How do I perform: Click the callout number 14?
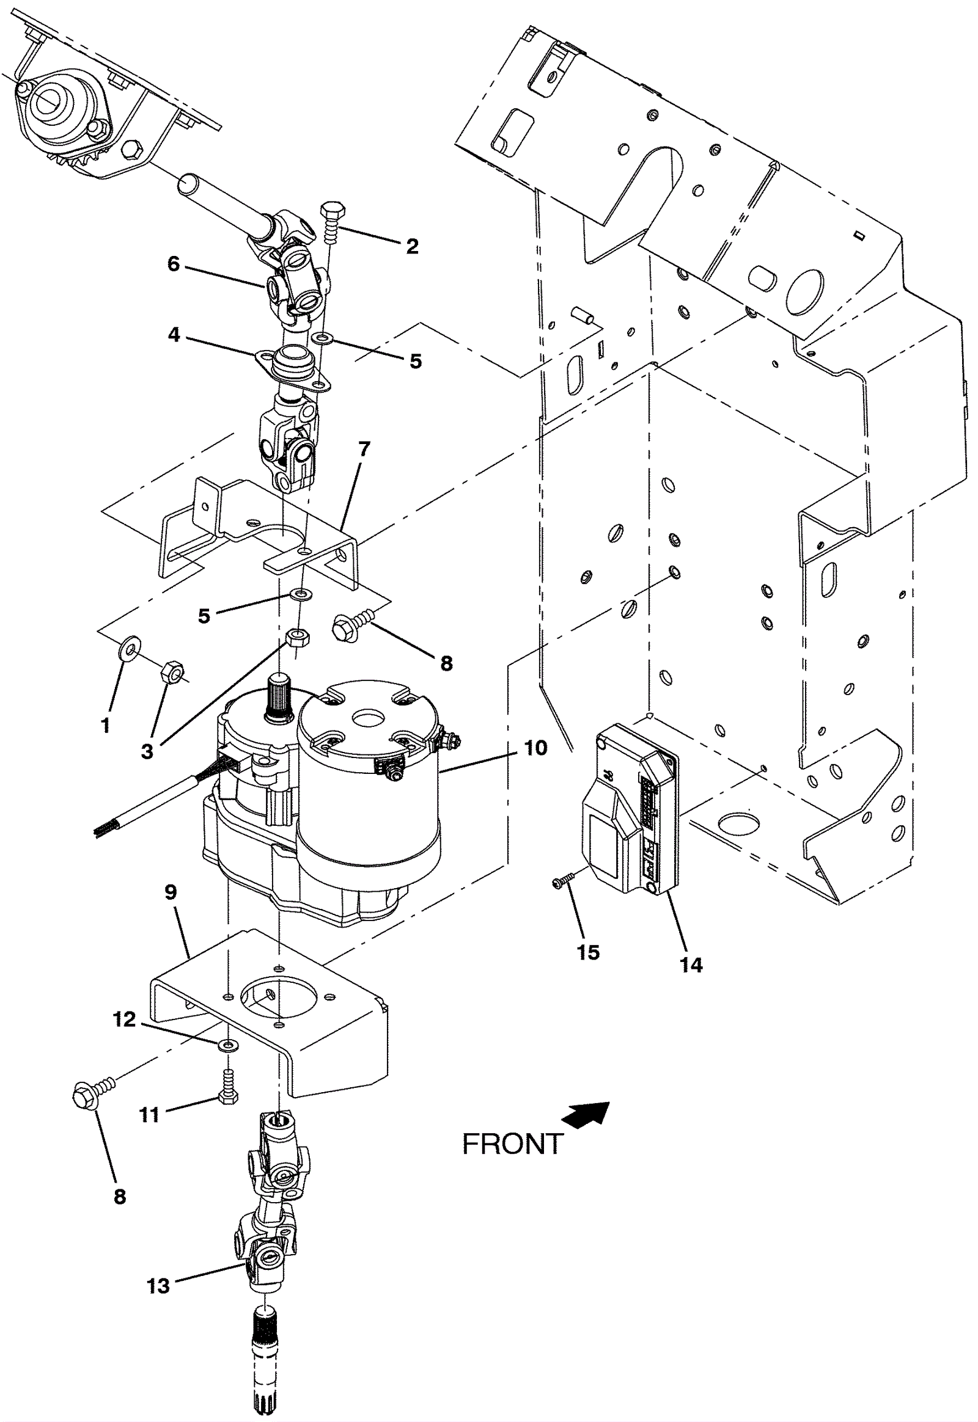tap(691, 966)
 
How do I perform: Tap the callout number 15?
tap(588, 952)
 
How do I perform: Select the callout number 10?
tap(535, 748)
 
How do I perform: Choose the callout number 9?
tap(171, 892)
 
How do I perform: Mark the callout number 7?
tap(364, 450)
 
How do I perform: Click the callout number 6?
tap(174, 264)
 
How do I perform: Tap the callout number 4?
tap(175, 335)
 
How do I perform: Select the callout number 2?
tap(413, 246)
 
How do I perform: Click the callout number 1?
tap(106, 726)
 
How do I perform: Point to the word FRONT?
tap(513, 1144)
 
